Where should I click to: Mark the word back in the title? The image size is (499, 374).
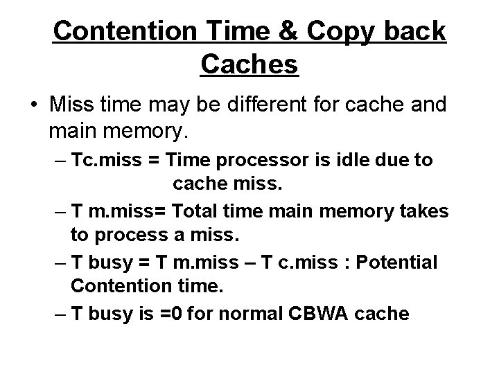pyautogui.click(x=412, y=31)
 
